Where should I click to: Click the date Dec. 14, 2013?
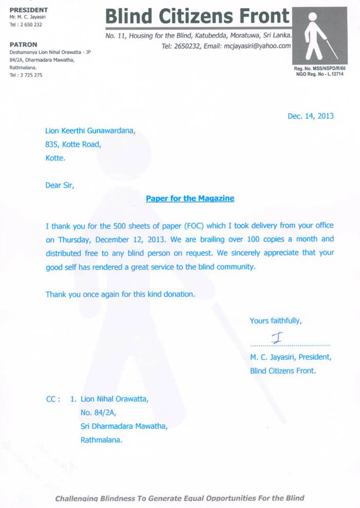310,116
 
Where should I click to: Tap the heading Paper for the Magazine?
190,198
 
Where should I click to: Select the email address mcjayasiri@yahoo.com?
255,46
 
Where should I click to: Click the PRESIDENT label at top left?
29,10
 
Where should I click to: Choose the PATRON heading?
24,45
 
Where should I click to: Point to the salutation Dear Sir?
60,185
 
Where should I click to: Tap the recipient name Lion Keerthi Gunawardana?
91,131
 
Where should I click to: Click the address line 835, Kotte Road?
73,145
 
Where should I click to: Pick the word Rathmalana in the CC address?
101,440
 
